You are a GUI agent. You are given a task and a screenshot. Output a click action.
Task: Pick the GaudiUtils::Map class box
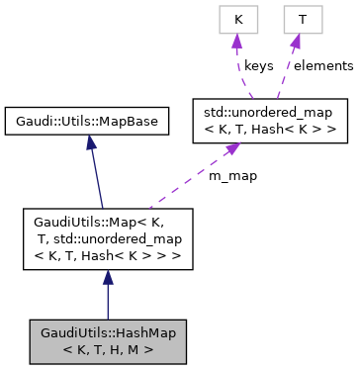[107, 238]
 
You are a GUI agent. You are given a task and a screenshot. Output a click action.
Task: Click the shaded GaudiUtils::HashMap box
[107, 339]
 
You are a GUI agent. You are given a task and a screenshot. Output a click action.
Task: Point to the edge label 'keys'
[259, 66]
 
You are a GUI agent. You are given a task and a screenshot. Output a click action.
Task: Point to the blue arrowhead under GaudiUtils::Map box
[107, 279]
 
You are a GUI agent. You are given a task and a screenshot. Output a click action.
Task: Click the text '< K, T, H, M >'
[107, 348]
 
